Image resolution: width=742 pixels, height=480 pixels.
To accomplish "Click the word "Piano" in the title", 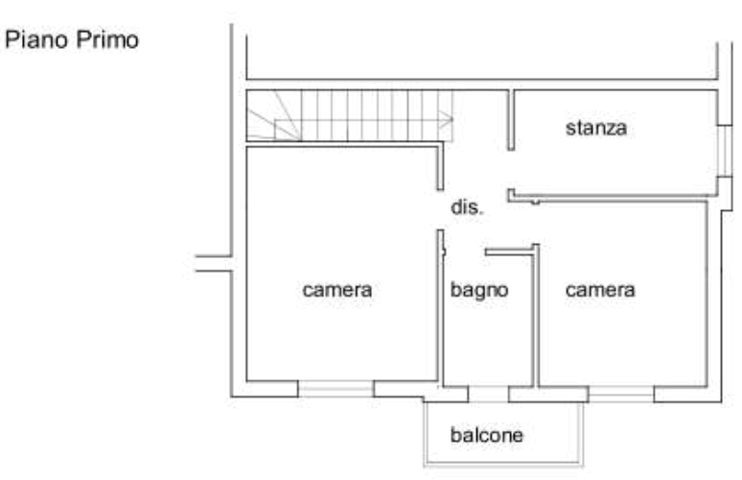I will [35, 40].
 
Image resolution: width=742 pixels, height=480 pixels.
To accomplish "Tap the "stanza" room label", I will [595, 127].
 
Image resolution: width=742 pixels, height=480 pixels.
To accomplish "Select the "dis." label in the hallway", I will [465, 207].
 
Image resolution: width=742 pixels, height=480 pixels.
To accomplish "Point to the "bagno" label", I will [478, 289].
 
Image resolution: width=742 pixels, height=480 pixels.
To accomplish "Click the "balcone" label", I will [489, 437].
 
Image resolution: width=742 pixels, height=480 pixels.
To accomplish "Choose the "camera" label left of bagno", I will [336, 289].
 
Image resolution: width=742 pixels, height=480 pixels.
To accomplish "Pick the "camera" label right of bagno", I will [600, 289].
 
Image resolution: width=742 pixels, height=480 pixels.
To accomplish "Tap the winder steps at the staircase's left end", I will [268, 117].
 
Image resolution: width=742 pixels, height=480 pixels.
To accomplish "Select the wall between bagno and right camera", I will [535, 317].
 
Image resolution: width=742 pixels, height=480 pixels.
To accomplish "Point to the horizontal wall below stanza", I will [614, 199].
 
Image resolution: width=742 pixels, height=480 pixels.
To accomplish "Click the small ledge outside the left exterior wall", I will [209, 265].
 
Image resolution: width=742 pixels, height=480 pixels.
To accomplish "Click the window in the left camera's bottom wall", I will [336, 390].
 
